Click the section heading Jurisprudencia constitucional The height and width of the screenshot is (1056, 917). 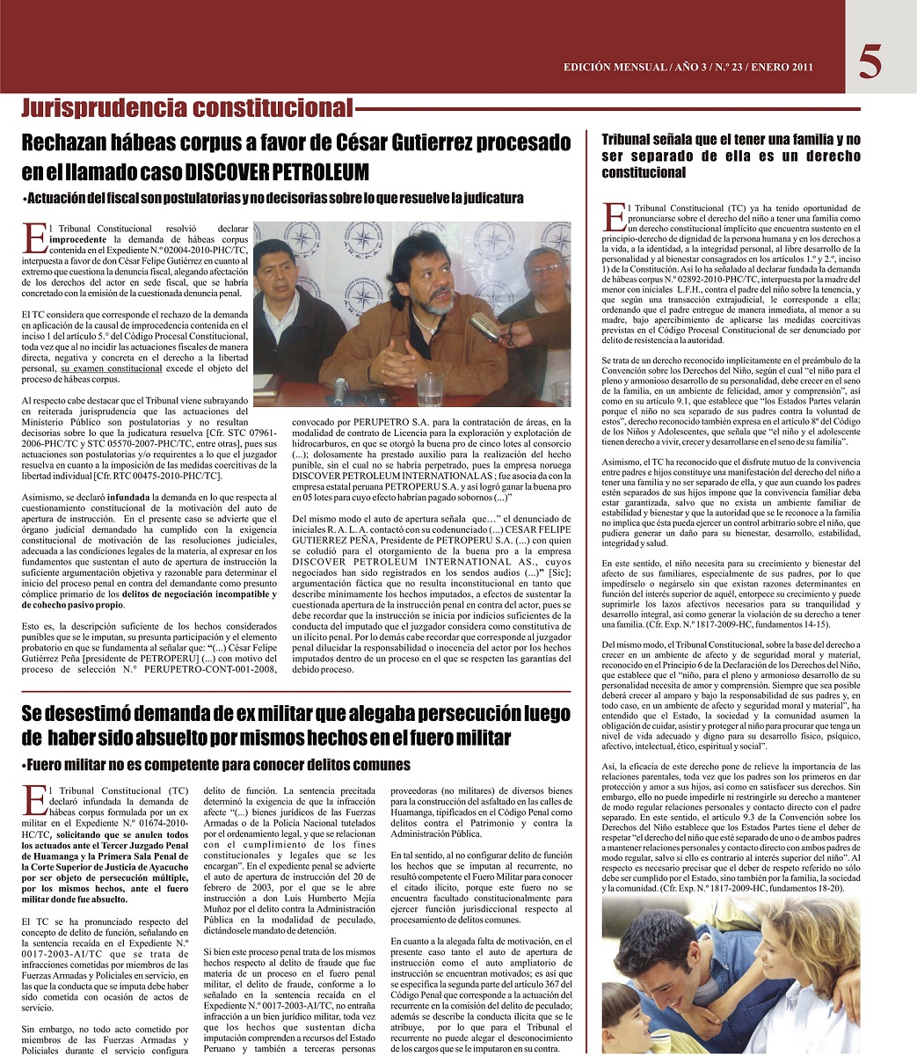[x=186, y=108]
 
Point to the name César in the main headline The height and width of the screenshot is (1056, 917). [x=364, y=141]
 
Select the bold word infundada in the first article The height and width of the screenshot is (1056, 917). [x=123, y=496]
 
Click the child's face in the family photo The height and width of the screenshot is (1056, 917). [x=633, y=1011]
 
